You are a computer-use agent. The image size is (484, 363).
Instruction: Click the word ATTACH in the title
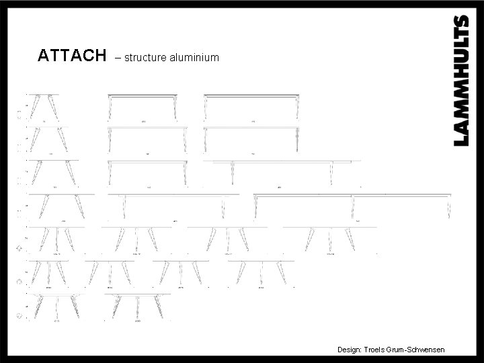point(72,56)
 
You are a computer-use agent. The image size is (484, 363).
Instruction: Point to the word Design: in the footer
point(349,350)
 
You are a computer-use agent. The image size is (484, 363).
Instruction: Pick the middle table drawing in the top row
point(144,108)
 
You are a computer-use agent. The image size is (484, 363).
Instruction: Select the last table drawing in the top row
point(251,108)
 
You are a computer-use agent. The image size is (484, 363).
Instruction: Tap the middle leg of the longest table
point(353,207)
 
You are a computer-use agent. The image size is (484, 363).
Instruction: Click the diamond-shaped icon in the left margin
point(19,248)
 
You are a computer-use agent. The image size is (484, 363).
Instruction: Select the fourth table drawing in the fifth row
point(329,239)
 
